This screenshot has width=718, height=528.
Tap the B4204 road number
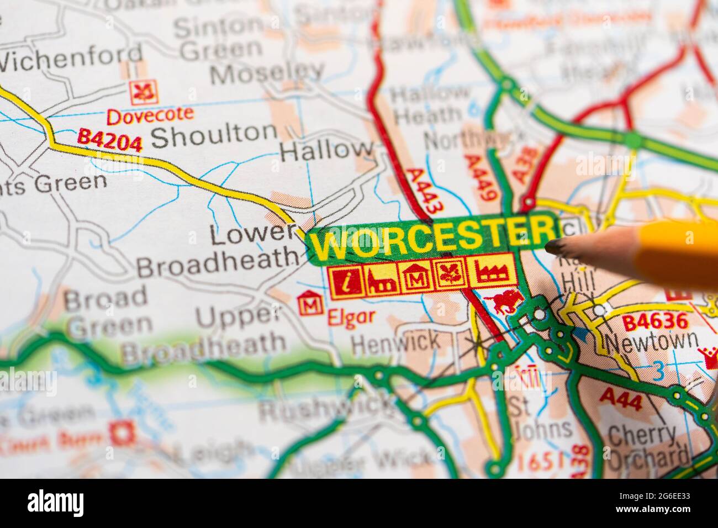pyautogui.click(x=110, y=140)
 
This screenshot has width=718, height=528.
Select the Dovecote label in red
pyautogui.click(x=150, y=115)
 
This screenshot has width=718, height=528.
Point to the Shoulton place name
pyautogui.click(x=213, y=134)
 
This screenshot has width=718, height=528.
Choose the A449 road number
pyautogui.click(x=482, y=177)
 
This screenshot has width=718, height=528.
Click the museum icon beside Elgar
pyautogui.click(x=309, y=304)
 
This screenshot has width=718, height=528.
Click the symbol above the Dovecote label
pyautogui.click(x=144, y=92)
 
